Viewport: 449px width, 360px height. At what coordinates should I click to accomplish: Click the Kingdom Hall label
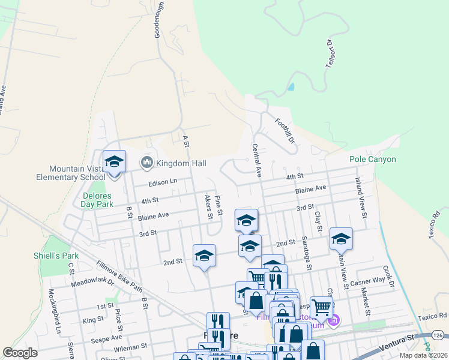(181, 163)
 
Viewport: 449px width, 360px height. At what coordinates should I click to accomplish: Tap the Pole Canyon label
(373, 160)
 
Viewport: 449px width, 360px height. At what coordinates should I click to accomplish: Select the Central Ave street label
(256, 160)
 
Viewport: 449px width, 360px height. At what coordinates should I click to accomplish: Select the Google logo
(20, 353)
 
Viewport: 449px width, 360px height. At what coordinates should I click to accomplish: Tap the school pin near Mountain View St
(340, 239)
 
